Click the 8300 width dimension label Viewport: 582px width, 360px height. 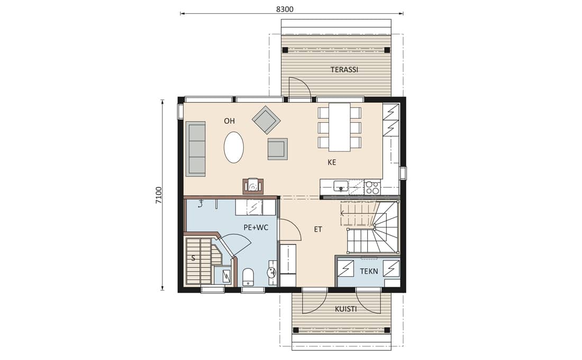coord(285,10)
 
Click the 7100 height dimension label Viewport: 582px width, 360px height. coord(159,195)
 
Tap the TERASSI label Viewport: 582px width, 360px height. coord(344,69)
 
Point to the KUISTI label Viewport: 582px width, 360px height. coord(346,309)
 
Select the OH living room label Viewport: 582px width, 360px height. coord(229,121)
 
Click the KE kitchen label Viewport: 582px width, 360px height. coord(332,163)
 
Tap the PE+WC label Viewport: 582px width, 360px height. coord(256,227)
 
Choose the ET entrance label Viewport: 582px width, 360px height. coord(318,229)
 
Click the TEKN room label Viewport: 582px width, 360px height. coord(369,271)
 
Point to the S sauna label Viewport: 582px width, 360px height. coord(193,258)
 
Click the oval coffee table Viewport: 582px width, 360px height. coord(234,147)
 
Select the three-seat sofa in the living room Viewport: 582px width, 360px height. coord(196,149)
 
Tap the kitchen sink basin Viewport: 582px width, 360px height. coord(340,185)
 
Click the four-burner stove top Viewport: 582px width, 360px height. coord(372,187)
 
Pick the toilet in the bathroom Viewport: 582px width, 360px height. coord(248,276)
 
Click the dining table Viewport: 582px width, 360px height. coord(340,127)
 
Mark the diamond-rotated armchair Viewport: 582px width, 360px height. coord(266,120)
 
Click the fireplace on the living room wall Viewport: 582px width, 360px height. coord(253,186)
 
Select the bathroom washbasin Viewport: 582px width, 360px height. coord(272,273)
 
